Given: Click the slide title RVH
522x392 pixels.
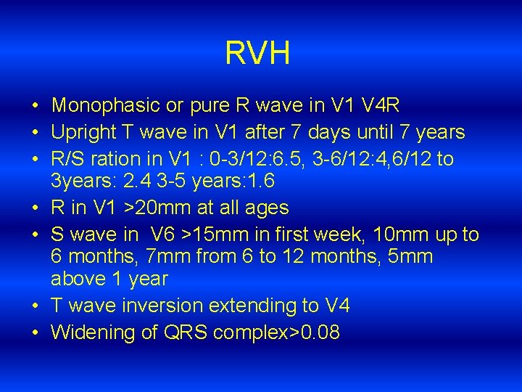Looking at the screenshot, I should tap(257, 54).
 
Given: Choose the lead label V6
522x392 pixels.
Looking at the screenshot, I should tap(165, 234).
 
